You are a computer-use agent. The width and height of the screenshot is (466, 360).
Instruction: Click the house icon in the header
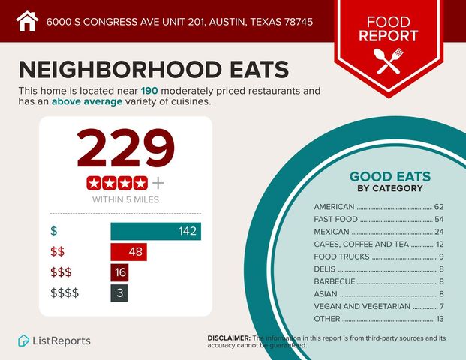point(27,20)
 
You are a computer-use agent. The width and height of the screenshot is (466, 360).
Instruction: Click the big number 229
point(126,148)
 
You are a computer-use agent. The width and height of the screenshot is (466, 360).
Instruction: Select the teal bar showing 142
point(155,231)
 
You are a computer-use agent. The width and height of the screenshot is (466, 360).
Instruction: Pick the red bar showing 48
point(128,251)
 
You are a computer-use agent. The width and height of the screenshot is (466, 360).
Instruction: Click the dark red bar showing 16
point(120,272)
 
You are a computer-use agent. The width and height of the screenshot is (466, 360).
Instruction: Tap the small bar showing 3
point(119,292)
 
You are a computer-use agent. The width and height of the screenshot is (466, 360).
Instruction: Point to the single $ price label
point(53,231)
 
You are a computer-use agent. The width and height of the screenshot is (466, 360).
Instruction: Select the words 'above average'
point(86,102)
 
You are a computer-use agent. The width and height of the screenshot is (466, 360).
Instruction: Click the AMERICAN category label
point(335,206)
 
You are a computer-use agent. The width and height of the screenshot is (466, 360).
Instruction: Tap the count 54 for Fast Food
point(439,219)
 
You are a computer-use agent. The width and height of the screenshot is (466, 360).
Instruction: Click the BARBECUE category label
point(335,281)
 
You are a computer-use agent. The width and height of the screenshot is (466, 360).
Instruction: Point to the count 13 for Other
point(439,319)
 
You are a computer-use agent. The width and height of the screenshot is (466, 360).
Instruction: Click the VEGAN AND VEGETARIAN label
point(362,306)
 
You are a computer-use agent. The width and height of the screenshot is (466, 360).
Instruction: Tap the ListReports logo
point(54,340)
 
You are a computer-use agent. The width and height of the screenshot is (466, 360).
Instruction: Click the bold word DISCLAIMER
point(229,338)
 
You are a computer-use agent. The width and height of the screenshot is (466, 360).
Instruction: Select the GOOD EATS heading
point(389,177)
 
